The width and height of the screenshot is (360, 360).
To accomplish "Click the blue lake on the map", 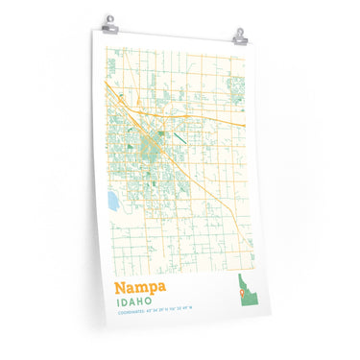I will (113, 202).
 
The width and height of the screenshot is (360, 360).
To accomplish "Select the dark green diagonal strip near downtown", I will (180, 137).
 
